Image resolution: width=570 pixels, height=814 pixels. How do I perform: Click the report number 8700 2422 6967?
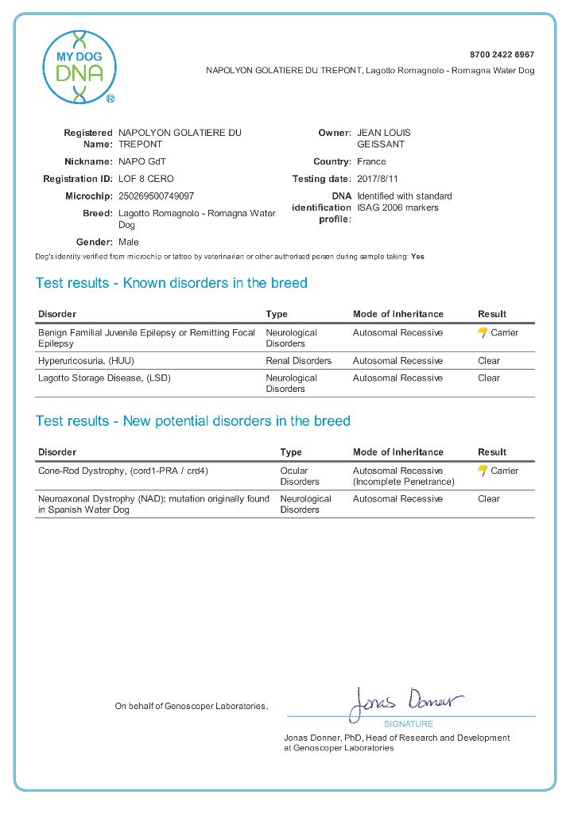pos(502,55)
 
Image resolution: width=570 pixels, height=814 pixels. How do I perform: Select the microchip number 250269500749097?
pos(156,196)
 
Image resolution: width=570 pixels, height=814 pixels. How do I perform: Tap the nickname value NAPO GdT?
pos(142,161)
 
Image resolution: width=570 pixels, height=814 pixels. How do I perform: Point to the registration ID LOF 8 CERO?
pos(145,179)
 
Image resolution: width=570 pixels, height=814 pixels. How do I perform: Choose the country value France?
pos(372,161)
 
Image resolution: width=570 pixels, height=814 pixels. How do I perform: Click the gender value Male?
pos(128,242)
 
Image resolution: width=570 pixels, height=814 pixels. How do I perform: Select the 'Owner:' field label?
pos(334,133)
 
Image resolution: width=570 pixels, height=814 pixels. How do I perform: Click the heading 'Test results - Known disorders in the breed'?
pos(171,283)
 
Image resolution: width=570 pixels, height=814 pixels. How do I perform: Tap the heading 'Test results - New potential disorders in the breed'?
pos(192,421)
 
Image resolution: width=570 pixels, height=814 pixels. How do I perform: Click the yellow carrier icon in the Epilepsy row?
pos(483,333)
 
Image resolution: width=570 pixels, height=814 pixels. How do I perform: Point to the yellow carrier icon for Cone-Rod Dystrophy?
pos(483,471)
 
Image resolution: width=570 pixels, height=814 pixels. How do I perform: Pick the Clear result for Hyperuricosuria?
pos(489,361)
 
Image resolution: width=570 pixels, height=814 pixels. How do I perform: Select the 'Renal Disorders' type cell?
pos(299,361)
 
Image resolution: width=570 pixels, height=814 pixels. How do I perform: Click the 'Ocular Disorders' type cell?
pos(300,476)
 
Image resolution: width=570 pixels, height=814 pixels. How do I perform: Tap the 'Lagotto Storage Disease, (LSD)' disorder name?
pos(104,378)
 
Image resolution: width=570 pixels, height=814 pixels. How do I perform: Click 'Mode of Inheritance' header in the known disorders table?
pos(398,314)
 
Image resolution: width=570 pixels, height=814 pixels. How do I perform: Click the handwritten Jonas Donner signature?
pos(405,703)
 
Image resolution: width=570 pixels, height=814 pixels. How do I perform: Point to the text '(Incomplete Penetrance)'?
pos(403,482)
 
